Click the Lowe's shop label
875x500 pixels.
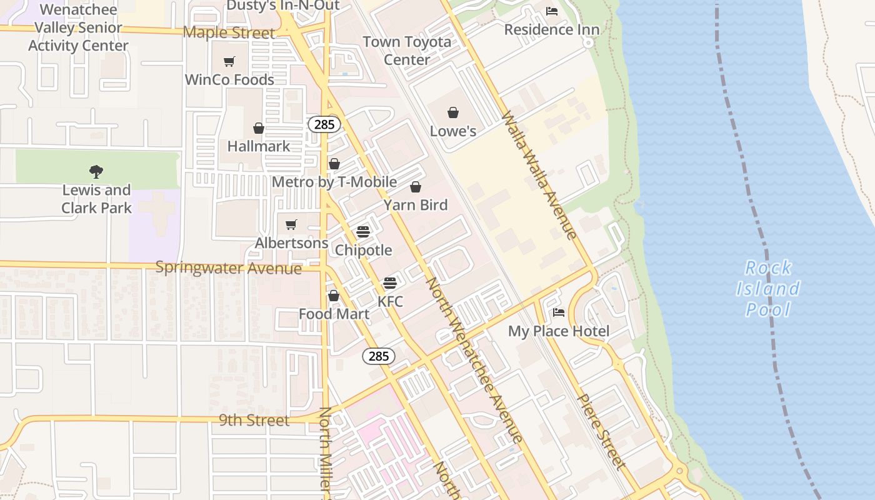453,131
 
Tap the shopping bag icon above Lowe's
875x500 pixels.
453,112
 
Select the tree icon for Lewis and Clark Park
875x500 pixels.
96,171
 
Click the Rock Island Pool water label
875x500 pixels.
768,289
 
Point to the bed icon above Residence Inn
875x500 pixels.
552,11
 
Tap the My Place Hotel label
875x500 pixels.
559,331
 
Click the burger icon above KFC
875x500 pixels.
390,283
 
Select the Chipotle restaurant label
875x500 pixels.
364,250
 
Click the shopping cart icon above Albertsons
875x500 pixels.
291,224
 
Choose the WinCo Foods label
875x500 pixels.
229,80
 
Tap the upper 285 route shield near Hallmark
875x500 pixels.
324,124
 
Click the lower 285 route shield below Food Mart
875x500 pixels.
379,356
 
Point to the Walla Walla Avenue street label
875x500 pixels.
537,176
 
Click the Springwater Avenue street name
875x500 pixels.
228,268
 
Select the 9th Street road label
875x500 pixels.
254,421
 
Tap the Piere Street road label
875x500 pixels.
600,431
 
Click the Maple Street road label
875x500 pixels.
229,32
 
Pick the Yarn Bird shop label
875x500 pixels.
416,205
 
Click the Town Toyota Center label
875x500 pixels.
407,51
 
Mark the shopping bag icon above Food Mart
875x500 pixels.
334,296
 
